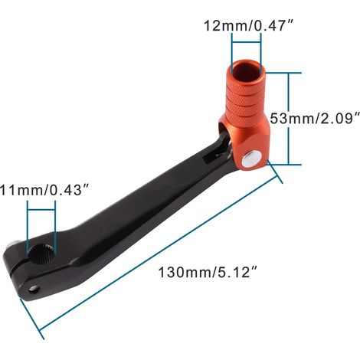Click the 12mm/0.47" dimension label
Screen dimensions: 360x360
248,25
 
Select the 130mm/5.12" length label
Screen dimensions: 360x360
208,272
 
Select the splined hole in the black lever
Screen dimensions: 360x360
41,254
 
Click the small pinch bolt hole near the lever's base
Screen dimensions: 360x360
34,289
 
